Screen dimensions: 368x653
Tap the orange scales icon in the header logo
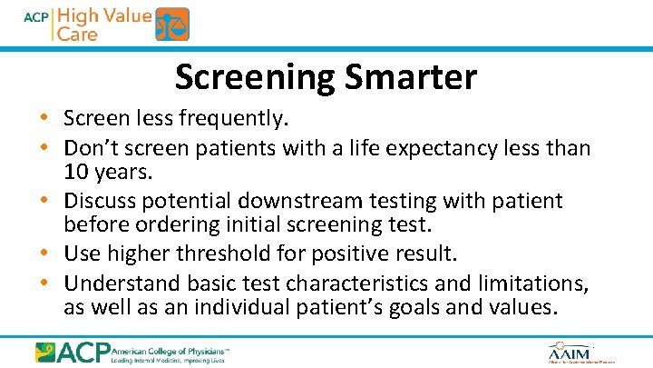tap(172, 25)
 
